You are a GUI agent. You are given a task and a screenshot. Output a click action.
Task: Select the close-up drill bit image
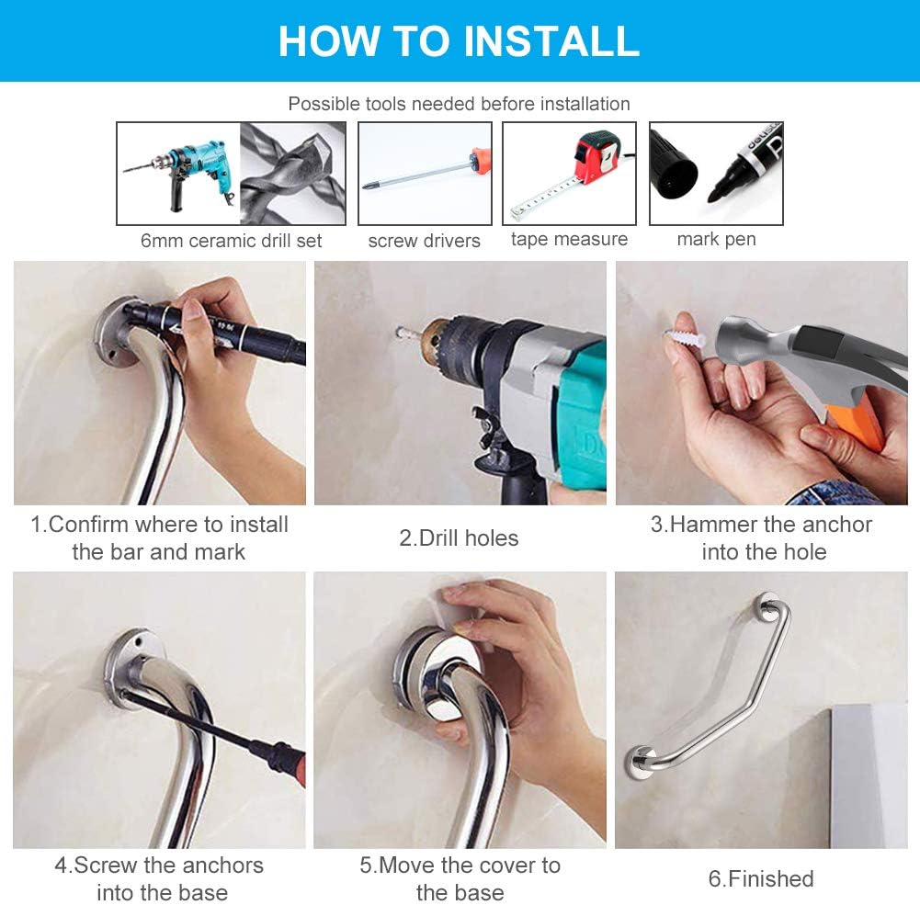coord(292,174)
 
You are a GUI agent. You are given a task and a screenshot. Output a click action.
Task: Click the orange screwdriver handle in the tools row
coord(477,163)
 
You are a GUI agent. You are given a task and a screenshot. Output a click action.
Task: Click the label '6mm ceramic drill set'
coord(231,241)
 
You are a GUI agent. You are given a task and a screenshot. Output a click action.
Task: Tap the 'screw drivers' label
coord(424,241)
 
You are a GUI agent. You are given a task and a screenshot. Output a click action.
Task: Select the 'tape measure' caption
coord(569,239)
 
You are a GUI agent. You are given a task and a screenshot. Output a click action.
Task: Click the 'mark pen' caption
coord(716,239)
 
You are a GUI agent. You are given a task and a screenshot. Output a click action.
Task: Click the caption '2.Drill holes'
coord(459,537)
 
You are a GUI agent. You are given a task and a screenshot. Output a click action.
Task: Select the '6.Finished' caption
coord(760,878)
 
